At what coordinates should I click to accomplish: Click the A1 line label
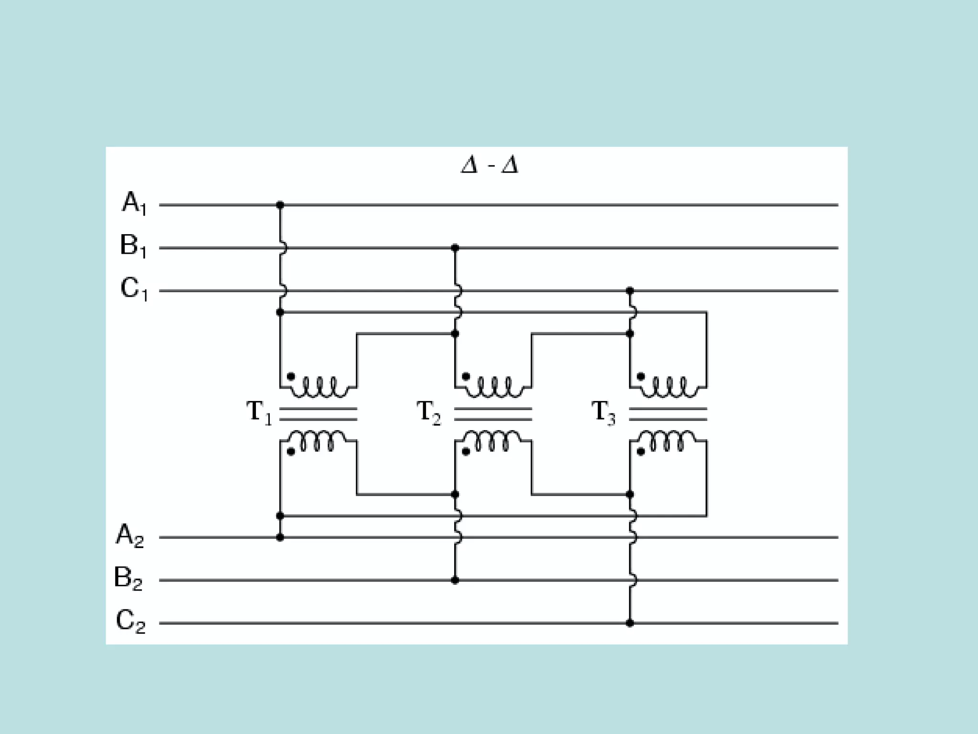[134, 203]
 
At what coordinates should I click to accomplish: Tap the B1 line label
[133, 246]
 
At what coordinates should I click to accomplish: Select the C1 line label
[134, 289]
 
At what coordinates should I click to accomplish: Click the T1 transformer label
[259, 412]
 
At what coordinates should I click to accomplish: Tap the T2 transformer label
[428, 412]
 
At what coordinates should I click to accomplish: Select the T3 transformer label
[603, 412]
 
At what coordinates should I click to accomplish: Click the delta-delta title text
[489, 165]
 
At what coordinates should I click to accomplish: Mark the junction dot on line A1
[280, 205]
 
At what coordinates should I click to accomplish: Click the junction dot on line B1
[455, 248]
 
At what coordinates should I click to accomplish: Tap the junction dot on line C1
[630, 291]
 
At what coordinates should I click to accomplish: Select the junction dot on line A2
[280, 538]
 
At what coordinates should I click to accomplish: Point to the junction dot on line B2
[455, 581]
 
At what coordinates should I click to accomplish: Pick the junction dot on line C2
[630, 623]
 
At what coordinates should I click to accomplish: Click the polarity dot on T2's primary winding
[466, 377]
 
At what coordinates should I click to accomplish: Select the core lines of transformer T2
[493, 414]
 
